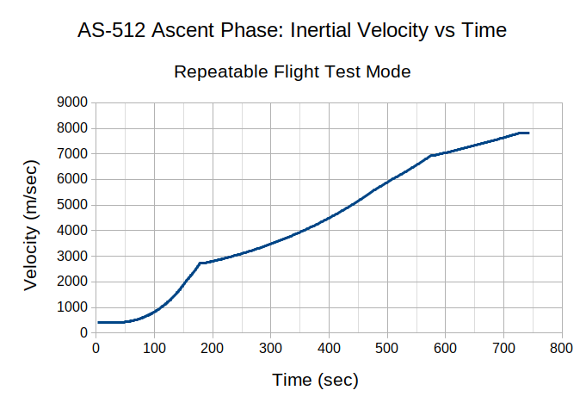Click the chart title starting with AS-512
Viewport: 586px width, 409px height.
(293, 31)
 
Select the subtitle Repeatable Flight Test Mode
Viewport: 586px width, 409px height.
(293, 71)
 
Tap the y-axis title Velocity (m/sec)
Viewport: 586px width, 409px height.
(31, 225)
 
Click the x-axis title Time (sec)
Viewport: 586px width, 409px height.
(315, 380)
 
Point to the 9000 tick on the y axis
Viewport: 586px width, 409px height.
(72, 102)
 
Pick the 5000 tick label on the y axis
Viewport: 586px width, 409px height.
(72, 205)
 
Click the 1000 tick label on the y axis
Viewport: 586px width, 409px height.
(72, 307)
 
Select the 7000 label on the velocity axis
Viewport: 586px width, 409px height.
(72, 154)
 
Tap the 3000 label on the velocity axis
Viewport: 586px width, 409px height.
(72, 256)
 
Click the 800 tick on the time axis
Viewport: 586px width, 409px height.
(562, 348)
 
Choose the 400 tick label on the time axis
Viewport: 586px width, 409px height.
(329, 348)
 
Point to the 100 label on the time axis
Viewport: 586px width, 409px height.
(154, 348)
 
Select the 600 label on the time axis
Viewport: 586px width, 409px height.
(446, 348)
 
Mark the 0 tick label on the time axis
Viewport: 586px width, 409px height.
(96, 348)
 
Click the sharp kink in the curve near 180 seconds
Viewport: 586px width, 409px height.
(200, 263)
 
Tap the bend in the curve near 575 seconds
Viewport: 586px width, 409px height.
(431, 156)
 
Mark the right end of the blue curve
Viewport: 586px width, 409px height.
(527, 133)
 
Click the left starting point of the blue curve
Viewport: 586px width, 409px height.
(98, 322)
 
